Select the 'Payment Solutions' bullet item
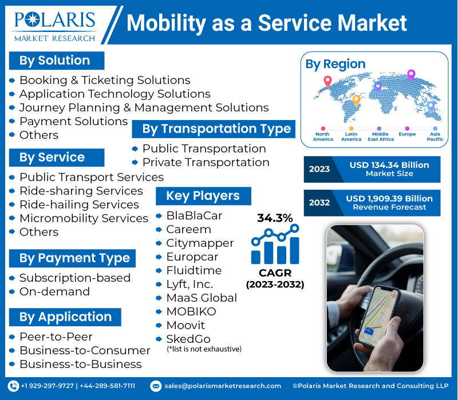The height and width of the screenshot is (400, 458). [x=73, y=121]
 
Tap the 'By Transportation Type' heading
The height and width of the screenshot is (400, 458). [x=216, y=129]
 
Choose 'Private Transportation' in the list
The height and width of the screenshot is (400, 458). [x=206, y=162]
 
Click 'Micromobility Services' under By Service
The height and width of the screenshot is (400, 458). [x=84, y=218]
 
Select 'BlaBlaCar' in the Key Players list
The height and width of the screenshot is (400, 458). [x=194, y=216]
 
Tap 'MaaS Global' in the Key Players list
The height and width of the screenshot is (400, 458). [x=201, y=298]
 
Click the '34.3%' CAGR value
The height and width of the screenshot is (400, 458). [x=275, y=218]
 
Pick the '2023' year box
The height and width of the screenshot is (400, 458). [x=319, y=169]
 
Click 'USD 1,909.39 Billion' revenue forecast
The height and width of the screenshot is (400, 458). [x=389, y=199]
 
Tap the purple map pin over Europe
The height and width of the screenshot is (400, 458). [x=410, y=75]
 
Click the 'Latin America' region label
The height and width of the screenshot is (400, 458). [x=351, y=137]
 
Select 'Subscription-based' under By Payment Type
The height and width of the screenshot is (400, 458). [x=74, y=278]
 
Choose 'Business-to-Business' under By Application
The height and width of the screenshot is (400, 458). [x=80, y=364]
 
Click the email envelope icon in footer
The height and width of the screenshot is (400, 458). [x=156, y=386]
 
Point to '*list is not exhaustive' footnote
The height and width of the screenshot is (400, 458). [x=204, y=349]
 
